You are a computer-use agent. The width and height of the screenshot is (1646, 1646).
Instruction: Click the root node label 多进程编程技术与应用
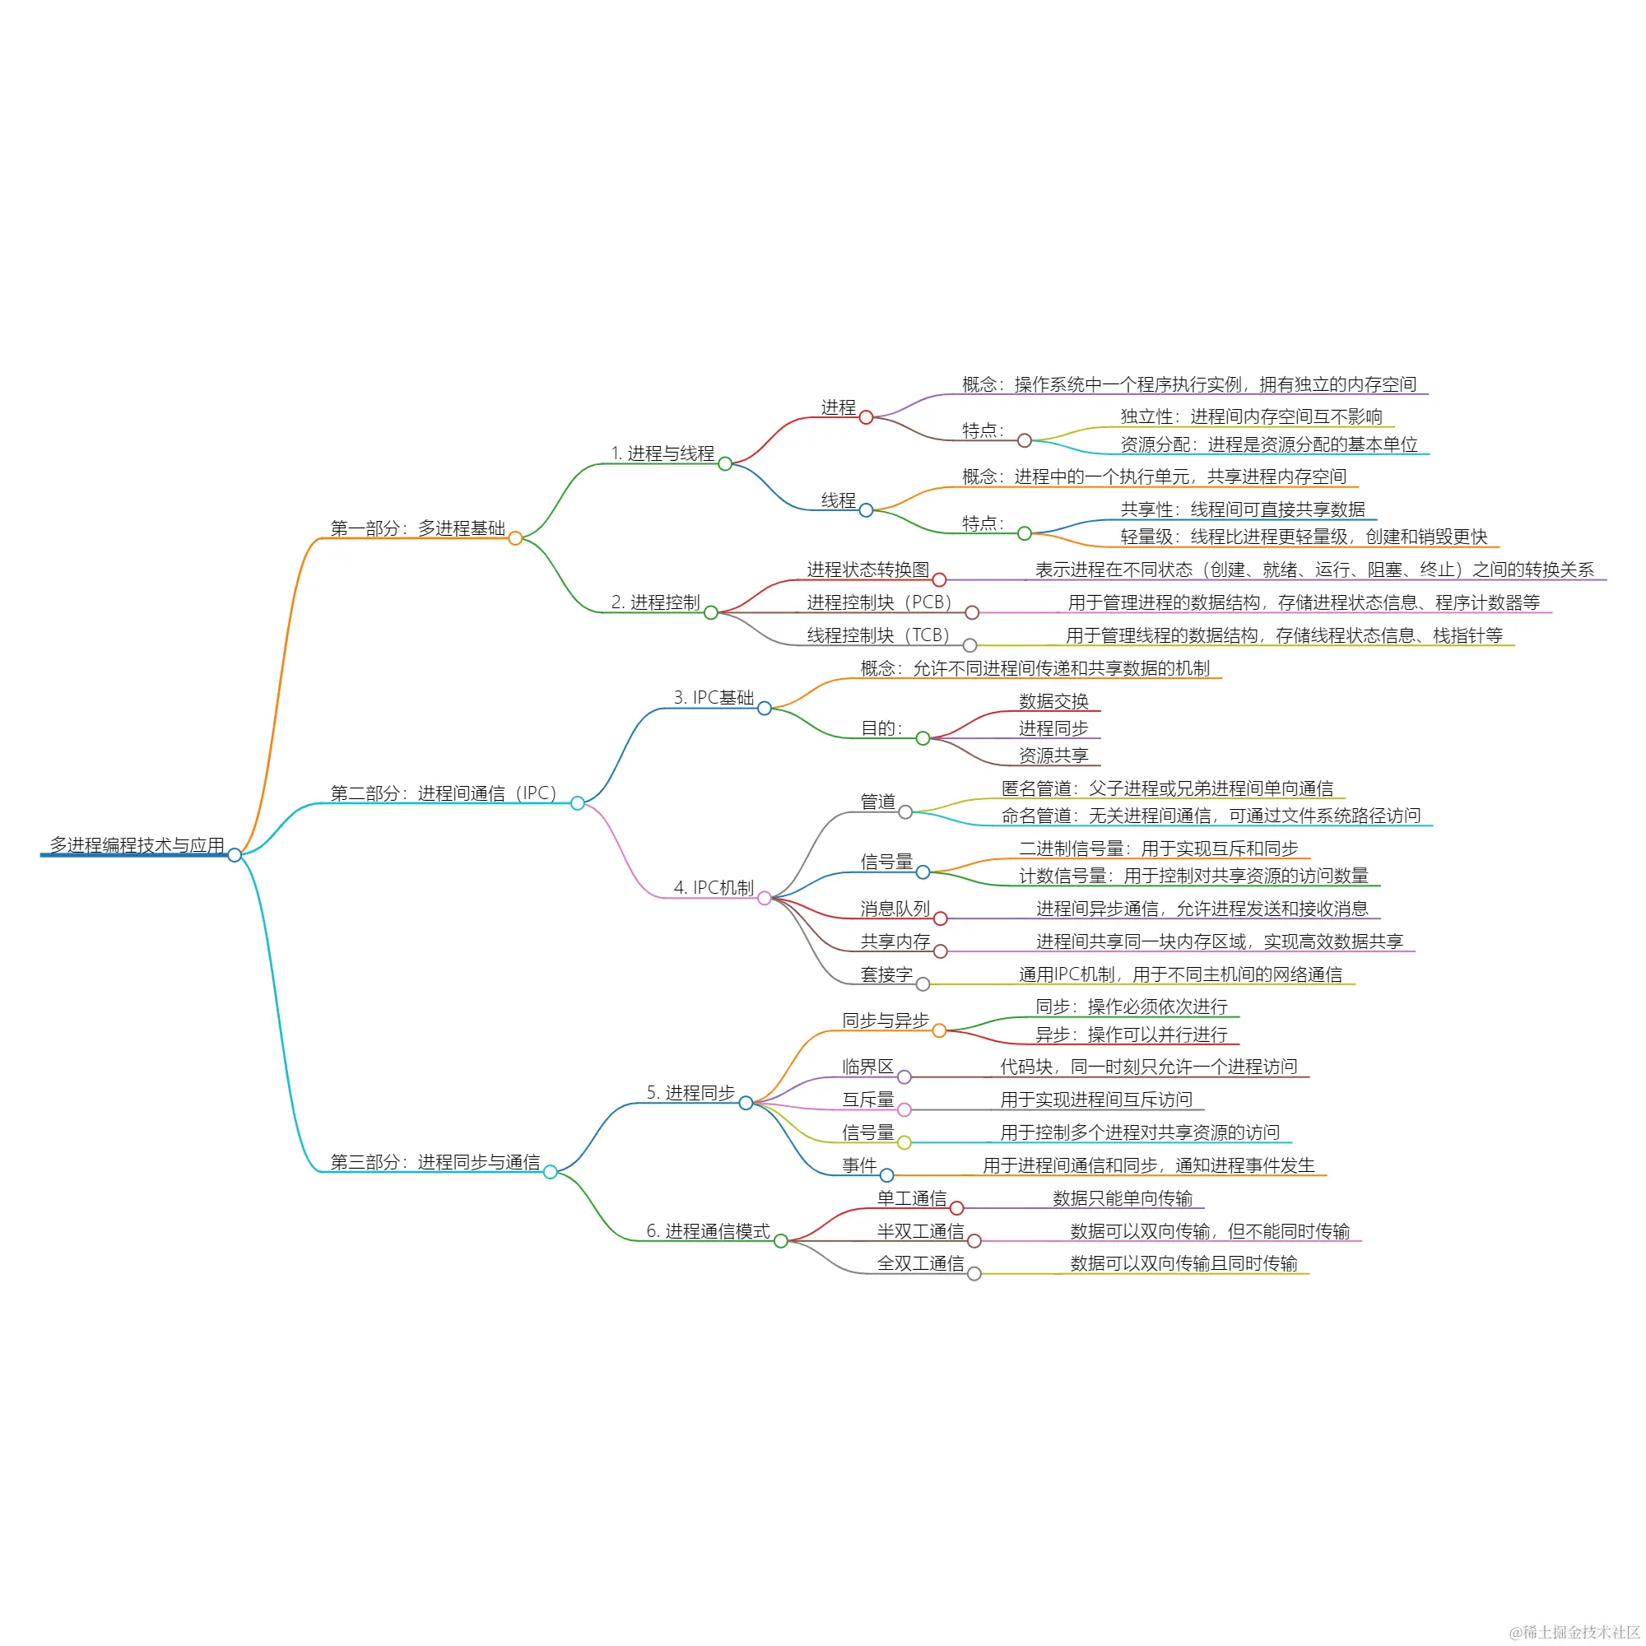[137, 845]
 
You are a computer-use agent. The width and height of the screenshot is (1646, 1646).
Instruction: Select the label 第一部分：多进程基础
[417, 528]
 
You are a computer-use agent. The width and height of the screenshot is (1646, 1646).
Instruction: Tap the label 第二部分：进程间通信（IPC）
[443, 793]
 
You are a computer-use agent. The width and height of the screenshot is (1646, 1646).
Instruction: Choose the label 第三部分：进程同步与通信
[435, 1162]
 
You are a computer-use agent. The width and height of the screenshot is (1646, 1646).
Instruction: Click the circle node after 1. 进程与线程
[725, 463]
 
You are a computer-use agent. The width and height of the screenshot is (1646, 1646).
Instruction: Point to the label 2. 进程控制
[655, 602]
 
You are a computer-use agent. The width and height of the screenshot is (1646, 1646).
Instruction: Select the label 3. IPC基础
[714, 698]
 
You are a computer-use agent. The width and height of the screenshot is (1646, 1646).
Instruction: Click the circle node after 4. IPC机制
[765, 898]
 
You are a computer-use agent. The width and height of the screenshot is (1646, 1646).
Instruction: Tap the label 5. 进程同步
[690, 1093]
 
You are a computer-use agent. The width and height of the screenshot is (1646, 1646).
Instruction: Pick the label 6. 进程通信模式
[708, 1231]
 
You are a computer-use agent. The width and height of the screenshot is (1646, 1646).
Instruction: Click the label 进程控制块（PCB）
[879, 602]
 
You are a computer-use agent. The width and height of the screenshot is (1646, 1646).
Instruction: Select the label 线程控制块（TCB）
[878, 635]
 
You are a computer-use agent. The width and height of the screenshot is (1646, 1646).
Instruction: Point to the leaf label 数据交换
[1054, 701]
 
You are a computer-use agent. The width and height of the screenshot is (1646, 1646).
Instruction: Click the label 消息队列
[895, 909]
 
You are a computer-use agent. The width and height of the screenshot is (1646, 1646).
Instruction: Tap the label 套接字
[886, 974]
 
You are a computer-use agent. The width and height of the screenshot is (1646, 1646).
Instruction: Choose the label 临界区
[868, 1067]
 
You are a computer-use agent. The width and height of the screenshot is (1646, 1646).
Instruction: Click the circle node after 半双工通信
[974, 1241]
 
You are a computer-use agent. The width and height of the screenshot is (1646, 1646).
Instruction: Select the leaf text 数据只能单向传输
[1122, 1199]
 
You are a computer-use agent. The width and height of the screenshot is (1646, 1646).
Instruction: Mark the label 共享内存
[895, 942]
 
